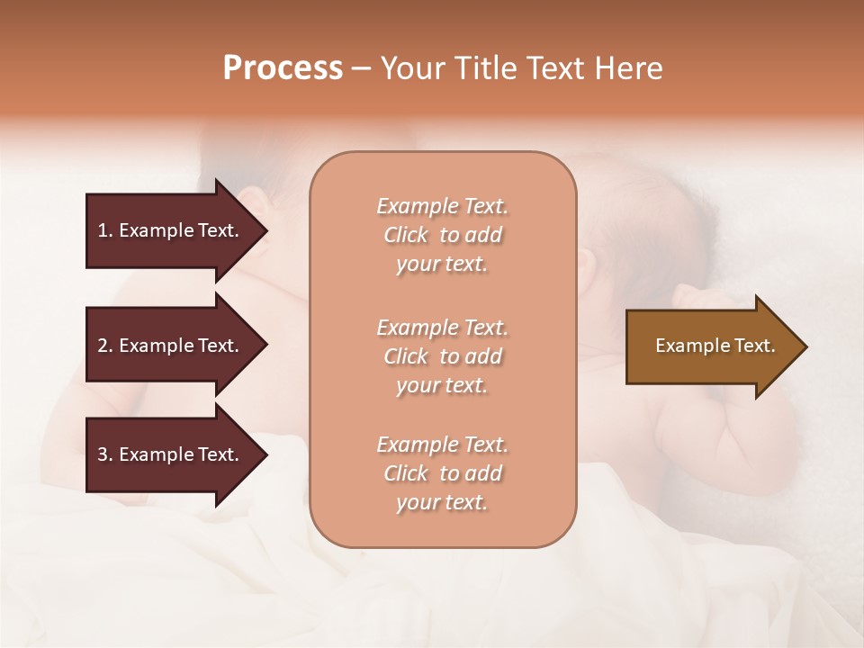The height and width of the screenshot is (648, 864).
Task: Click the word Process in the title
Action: pos(283,68)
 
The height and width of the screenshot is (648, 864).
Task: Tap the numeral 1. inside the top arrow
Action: pos(105,230)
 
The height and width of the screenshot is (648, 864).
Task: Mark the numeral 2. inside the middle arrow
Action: pos(105,346)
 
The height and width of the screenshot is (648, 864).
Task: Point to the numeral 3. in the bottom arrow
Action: pos(105,454)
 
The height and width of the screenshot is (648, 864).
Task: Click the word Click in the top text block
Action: pos(406,235)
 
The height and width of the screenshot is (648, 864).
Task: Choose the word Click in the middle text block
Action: pos(406,356)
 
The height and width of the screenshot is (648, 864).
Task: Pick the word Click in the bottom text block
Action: pos(406,473)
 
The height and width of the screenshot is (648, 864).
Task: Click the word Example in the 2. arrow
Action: pos(155,346)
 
